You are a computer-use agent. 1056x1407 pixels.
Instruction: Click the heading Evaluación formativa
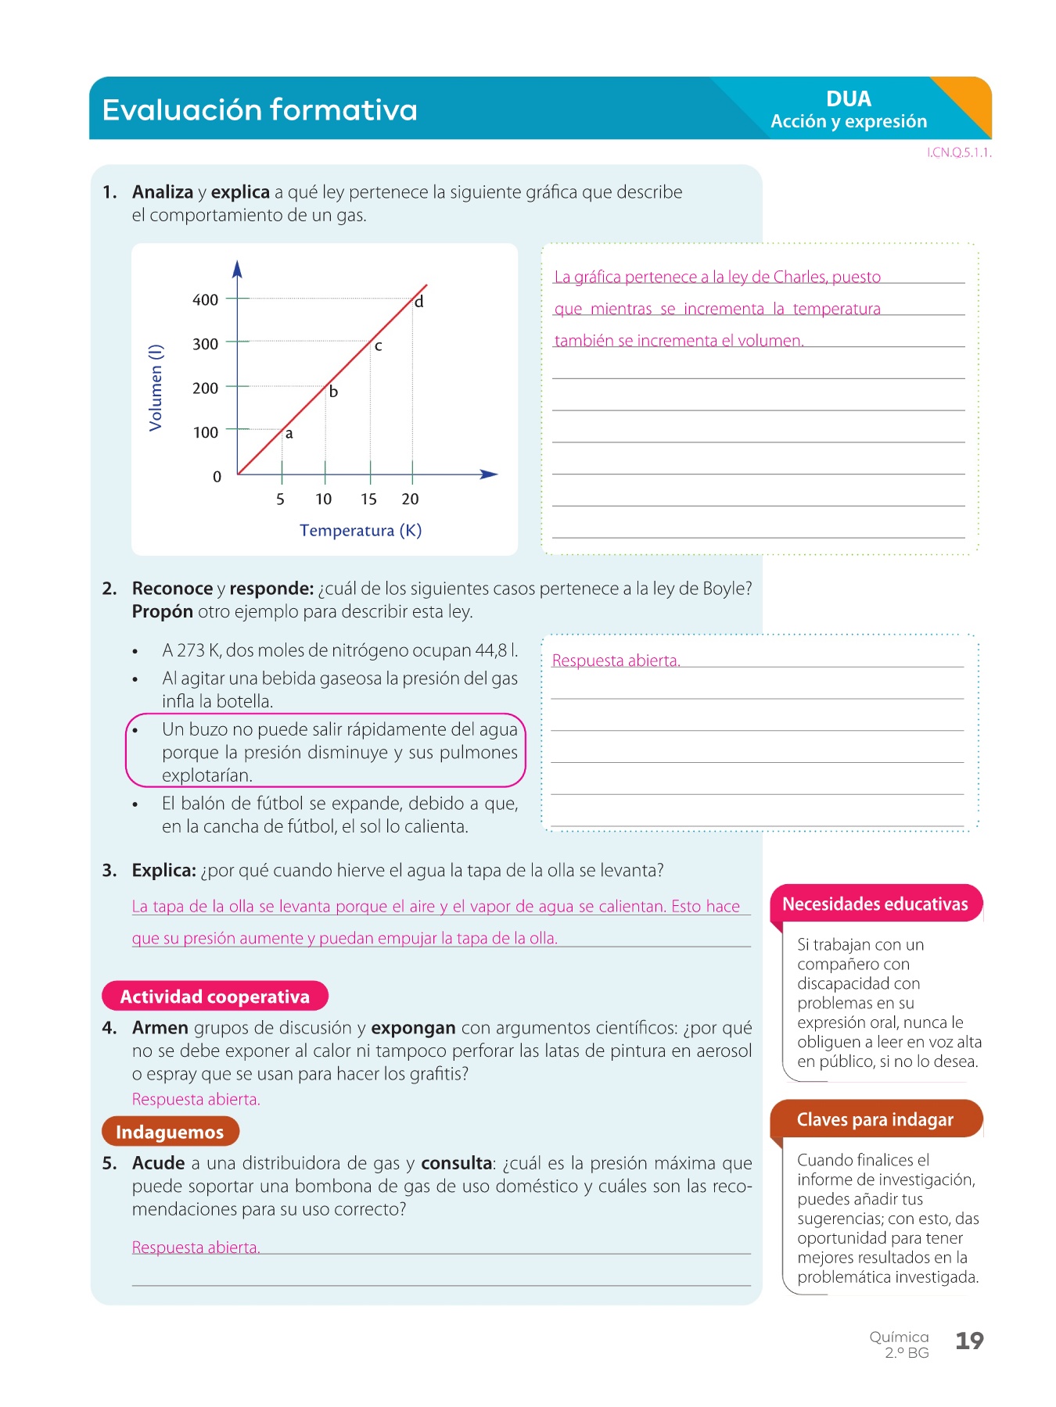pyautogui.click(x=260, y=110)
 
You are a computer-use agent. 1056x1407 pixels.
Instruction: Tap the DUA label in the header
pyautogui.click(x=848, y=99)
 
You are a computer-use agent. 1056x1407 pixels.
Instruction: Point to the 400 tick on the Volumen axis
pyautogui.click(x=206, y=299)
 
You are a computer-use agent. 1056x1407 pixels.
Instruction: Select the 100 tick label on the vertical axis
pyautogui.click(x=206, y=432)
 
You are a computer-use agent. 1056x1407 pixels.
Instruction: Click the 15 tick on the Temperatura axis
pyautogui.click(x=368, y=499)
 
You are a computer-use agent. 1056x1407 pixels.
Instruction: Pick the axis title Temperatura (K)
pyautogui.click(x=361, y=531)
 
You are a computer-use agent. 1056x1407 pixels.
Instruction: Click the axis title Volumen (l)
pyautogui.click(x=156, y=387)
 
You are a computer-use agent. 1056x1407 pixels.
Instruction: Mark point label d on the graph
pyautogui.click(x=419, y=302)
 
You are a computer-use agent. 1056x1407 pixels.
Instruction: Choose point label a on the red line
pyautogui.click(x=289, y=434)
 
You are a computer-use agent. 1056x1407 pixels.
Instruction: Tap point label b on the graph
pyautogui.click(x=333, y=392)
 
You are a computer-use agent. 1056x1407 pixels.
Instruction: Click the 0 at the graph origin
pyautogui.click(x=217, y=477)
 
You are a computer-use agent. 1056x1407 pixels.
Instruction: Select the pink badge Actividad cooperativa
pyautogui.click(x=214, y=997)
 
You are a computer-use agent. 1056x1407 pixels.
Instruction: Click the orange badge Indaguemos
pyautogui.click(x=170, y=1132)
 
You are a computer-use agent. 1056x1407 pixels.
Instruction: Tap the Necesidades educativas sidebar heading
pyautogui.click(x=875, y=904)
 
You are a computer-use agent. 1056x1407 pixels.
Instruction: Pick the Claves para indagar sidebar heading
pyautogui.click(x=875, y=1120)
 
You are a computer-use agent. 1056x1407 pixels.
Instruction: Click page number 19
pyautogui.click(x=969, y=1341)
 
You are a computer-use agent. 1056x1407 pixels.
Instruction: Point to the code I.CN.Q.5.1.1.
pyautogui.click(x=959, y=153)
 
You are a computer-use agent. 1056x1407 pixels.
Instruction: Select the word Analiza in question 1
pyautogui.click(x=163, y=192)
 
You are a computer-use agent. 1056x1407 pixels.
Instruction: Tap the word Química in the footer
pyautogui.click(x=899, y=1337)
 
